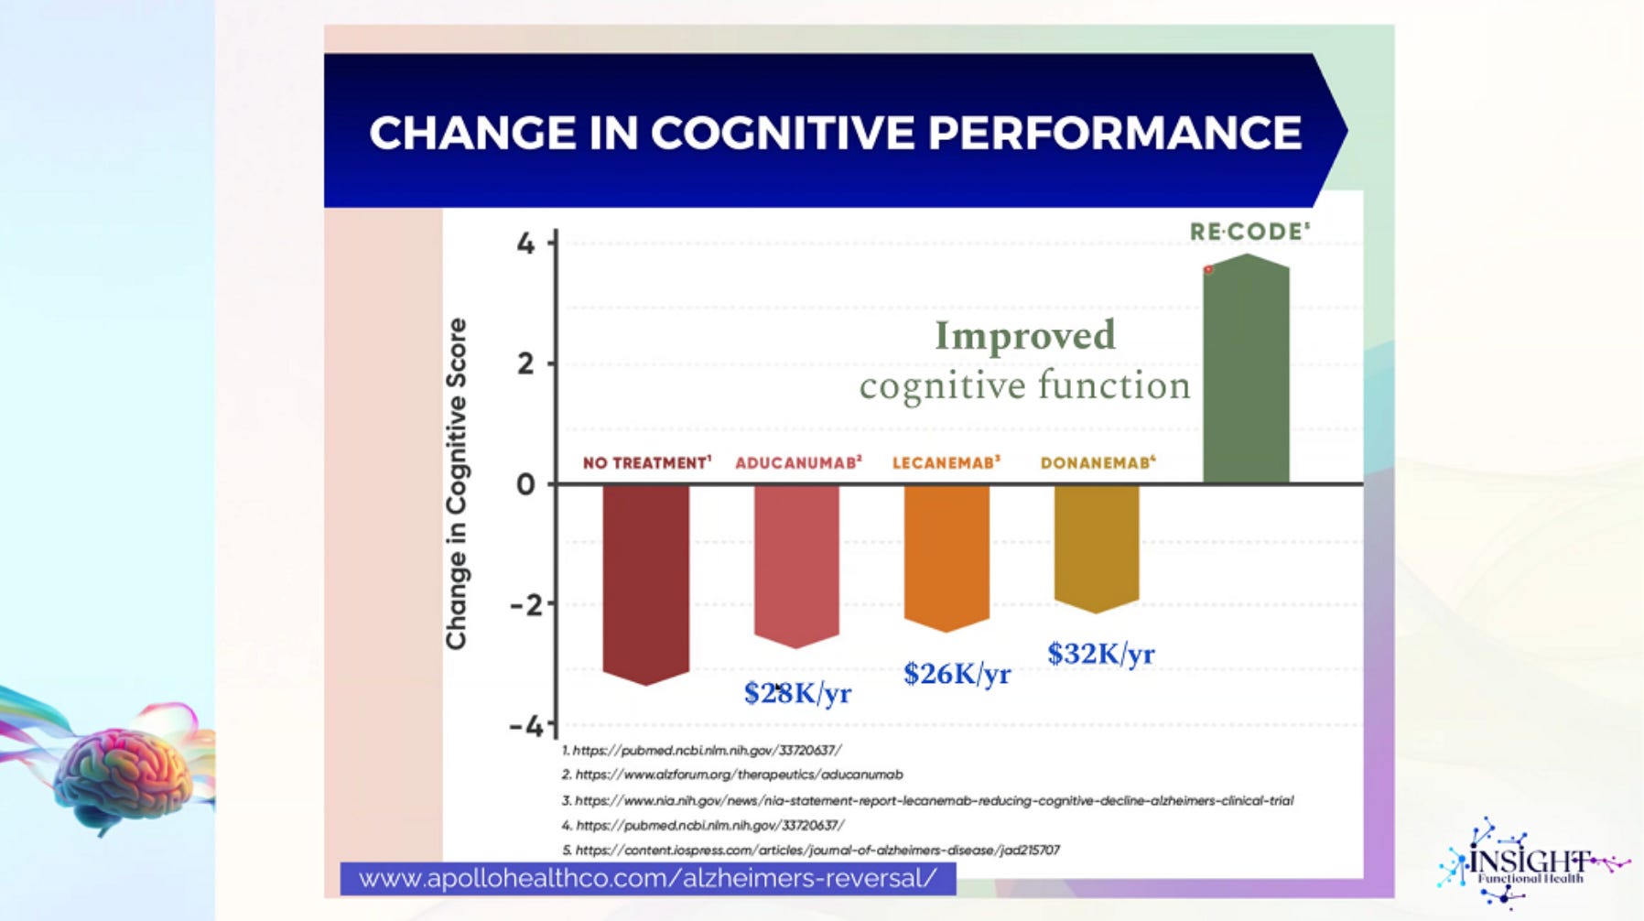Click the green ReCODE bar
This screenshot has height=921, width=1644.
(1246, 368)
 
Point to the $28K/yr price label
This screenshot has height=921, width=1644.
(797, 693)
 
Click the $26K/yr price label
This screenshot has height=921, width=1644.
(957, 674)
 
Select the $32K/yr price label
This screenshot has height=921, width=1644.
(1101, 654)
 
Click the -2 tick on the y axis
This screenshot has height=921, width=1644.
(525, 604)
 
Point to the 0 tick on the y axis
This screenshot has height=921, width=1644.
(525, 483)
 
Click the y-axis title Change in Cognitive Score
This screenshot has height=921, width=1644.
(456, 483)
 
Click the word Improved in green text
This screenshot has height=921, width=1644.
(1025, 335)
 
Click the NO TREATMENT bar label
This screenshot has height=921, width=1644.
(647, 462)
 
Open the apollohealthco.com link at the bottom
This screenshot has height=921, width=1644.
(648, 879)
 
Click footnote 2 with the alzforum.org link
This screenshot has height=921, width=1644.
(732, 775)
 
